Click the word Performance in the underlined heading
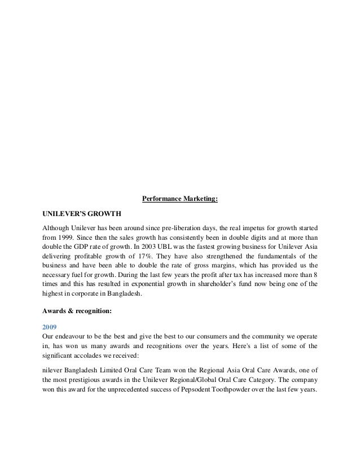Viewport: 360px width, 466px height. point(160,199)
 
